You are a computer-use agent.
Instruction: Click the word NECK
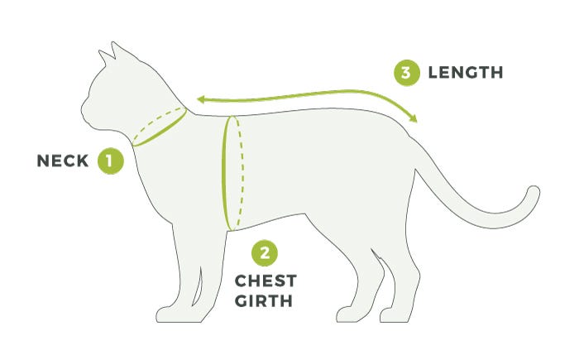tap(63, 161)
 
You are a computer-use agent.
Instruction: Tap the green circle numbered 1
tap(110, 161)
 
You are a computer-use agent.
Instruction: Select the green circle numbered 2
tap(265, 253)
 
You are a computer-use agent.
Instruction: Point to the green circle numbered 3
tap(407, 73)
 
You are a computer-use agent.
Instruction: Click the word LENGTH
tap(466, 73)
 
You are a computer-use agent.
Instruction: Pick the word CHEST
tap(266, 281)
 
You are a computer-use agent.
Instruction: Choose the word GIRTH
tap(264, 301)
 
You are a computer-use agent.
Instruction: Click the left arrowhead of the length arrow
tap(201, 99)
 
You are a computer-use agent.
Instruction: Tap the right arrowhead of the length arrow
tap(414, 118)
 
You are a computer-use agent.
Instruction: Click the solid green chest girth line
tap(224, 174)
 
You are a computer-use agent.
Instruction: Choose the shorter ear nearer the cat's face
tap(105, 57)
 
